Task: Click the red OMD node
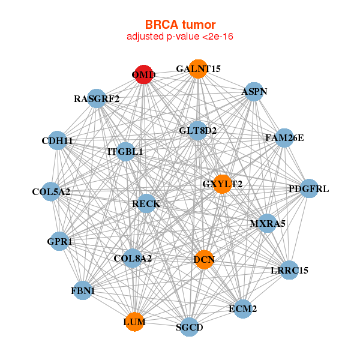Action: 143,74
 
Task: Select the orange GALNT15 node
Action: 197,68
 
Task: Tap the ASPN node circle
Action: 254,92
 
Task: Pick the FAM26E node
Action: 284,138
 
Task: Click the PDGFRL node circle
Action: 308,189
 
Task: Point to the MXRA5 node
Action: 267,224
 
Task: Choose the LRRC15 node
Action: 289,270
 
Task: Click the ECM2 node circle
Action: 242,309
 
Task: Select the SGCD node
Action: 190,327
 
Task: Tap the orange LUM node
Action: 134,322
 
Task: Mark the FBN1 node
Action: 82,291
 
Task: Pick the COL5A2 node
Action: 51,192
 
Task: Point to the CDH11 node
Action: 57,140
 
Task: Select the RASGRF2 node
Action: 97,98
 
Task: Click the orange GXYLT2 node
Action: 222,184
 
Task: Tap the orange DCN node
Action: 204,260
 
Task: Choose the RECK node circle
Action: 146,204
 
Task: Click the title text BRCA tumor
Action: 180,25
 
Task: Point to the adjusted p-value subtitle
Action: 180,37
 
